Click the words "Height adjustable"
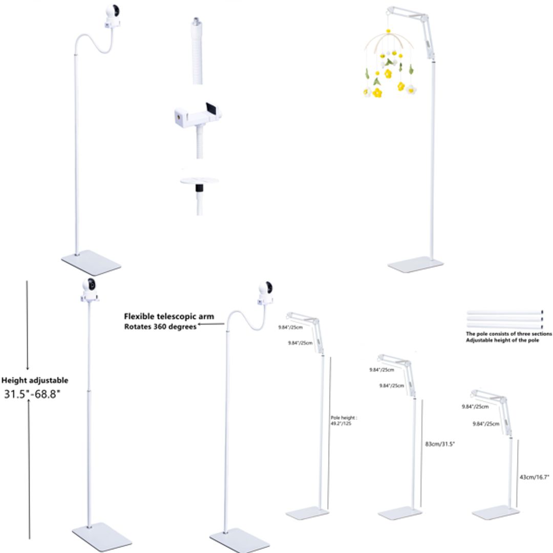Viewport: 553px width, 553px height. coord(34,380)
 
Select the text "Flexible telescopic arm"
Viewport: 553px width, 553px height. coord(169,316)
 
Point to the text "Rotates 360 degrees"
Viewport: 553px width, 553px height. coord(160,327)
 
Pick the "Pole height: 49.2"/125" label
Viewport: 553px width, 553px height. coord(341,421)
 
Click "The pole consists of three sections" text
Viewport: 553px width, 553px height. coord(508,334)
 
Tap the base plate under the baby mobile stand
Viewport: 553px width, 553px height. coord(415,264)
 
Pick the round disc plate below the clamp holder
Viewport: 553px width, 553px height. coord(199,180)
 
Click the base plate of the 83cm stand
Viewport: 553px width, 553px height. coord(399,512)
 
